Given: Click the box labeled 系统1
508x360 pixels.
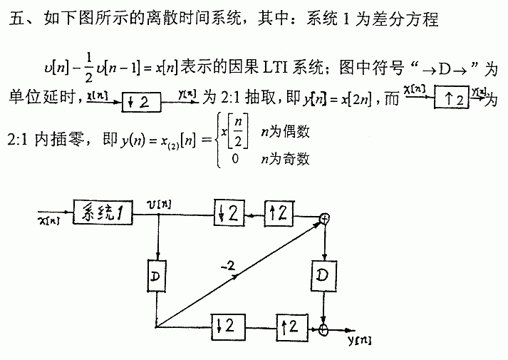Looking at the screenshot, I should (x=103, y=212).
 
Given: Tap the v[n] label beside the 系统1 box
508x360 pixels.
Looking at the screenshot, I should (x=157, y=204).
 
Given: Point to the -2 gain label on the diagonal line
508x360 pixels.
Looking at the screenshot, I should (x=229, y=266).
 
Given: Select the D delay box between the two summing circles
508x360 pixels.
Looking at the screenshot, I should (x=324, y=274).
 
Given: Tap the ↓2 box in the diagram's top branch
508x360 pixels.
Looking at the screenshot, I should (x=229, y=212).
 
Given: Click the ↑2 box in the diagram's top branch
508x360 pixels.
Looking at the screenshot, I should (x=279, y=212).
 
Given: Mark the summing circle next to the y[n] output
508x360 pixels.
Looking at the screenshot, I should (x=324, y=329).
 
